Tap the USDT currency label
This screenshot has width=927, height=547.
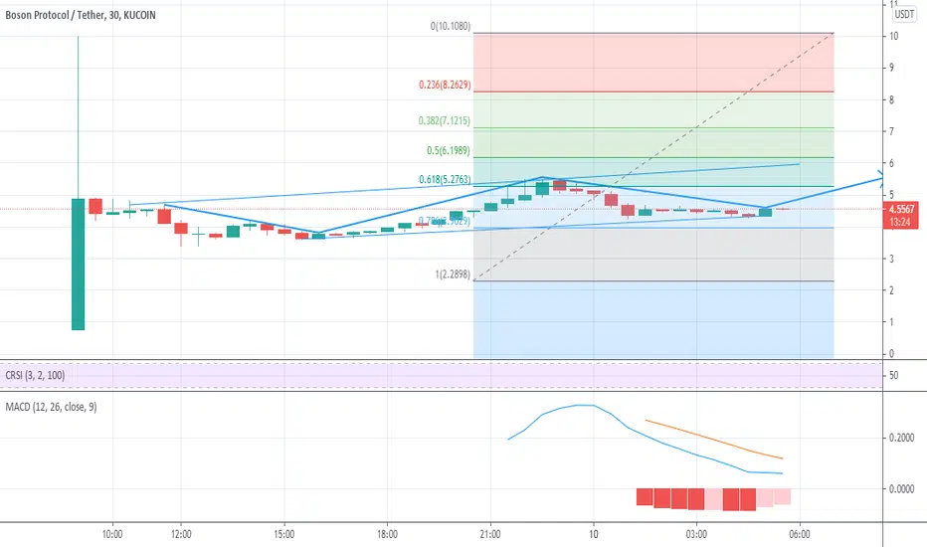tap(904, 14)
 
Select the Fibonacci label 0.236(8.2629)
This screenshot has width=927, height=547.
tap(444, 87)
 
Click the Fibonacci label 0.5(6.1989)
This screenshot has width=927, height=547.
tap(450, 151)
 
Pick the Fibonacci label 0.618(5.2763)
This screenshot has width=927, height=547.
tap(444, 180)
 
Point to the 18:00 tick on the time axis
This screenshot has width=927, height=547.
tap(387, 534)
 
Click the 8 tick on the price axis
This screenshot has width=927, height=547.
tap(894, 99)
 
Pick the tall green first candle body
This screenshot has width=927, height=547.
tap(78, 264)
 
